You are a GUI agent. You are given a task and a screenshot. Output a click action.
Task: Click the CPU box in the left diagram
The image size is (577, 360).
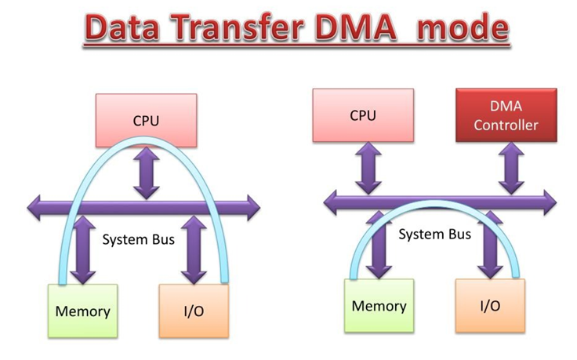145,120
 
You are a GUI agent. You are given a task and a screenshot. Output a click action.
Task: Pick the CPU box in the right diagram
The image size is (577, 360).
362,115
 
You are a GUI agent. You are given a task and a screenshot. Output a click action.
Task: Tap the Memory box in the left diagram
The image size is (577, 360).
82,311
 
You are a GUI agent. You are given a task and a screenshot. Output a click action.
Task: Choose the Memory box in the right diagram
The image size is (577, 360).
379,304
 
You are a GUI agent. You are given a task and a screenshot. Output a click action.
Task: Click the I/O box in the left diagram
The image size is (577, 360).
194,311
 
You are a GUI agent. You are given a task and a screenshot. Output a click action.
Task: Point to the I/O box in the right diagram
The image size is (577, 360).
488,304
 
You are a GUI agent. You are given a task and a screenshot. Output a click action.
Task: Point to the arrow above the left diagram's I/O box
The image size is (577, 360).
192,250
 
